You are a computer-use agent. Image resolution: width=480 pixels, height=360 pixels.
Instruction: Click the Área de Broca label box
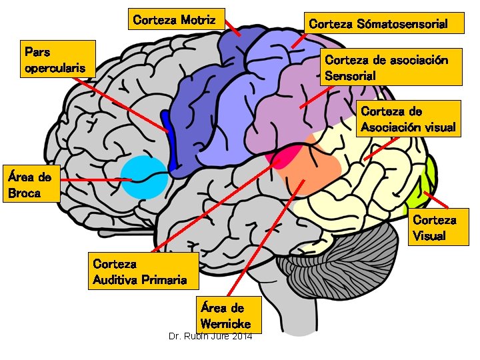[x=29, y=185]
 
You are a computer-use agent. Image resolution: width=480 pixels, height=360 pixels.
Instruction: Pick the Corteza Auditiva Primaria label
[x=143, y=271]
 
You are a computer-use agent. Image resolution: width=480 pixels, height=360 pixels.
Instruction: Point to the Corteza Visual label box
[x=435, y=227]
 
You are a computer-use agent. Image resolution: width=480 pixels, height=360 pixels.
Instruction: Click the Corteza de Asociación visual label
[x=409, y=119]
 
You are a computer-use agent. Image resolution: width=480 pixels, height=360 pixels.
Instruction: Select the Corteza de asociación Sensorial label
[x=391, y=67]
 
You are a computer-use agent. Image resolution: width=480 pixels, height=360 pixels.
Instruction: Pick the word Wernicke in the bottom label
[x=225, y=323]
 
